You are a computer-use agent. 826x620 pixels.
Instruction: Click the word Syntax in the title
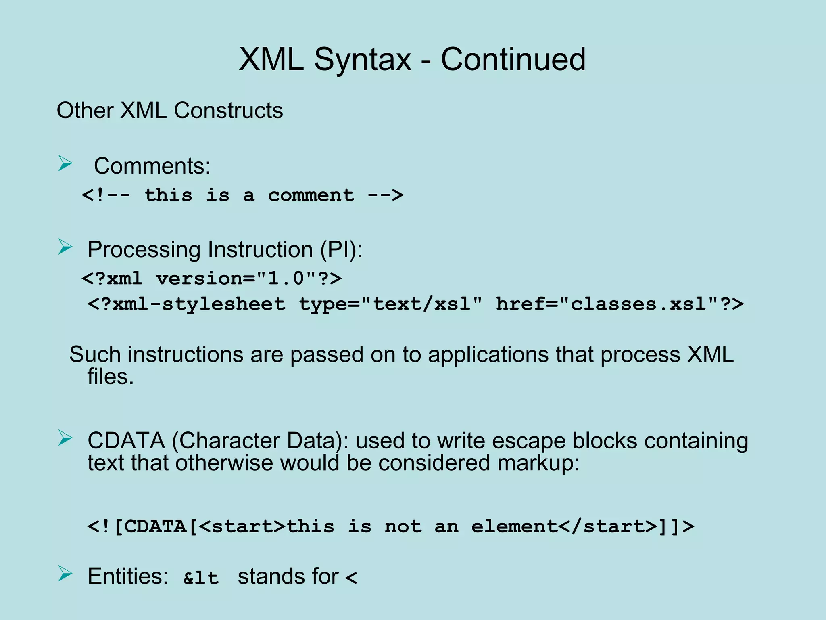(362, 60)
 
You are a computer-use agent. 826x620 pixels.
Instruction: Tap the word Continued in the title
(513, 60)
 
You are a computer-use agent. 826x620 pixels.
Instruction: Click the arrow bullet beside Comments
(65, 163)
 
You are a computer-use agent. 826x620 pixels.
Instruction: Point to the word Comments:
(152, 166)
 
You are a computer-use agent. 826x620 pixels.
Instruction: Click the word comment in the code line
(311, 195)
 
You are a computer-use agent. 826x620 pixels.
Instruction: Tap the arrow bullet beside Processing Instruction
(65, 247)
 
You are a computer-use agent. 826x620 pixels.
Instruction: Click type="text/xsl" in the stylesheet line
(390, 304)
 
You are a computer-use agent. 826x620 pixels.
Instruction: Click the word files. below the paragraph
(110, 377)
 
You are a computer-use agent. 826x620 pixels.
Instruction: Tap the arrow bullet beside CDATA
(65, 438)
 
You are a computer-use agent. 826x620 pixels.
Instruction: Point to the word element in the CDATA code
(514, 526)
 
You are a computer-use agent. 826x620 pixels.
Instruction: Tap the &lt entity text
(201, 578)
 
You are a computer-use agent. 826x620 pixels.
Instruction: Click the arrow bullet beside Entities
(65, 574)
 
